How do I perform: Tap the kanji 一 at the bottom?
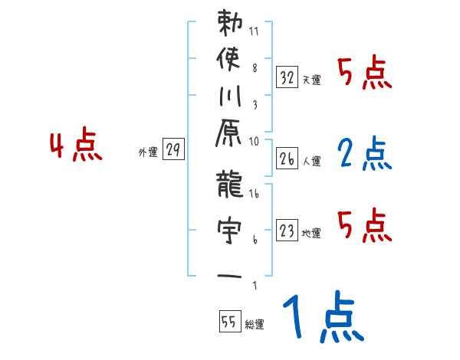point(228,274)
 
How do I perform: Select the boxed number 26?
point(287,159)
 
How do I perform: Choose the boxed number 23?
point(287,230)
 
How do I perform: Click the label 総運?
point(255,324)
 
